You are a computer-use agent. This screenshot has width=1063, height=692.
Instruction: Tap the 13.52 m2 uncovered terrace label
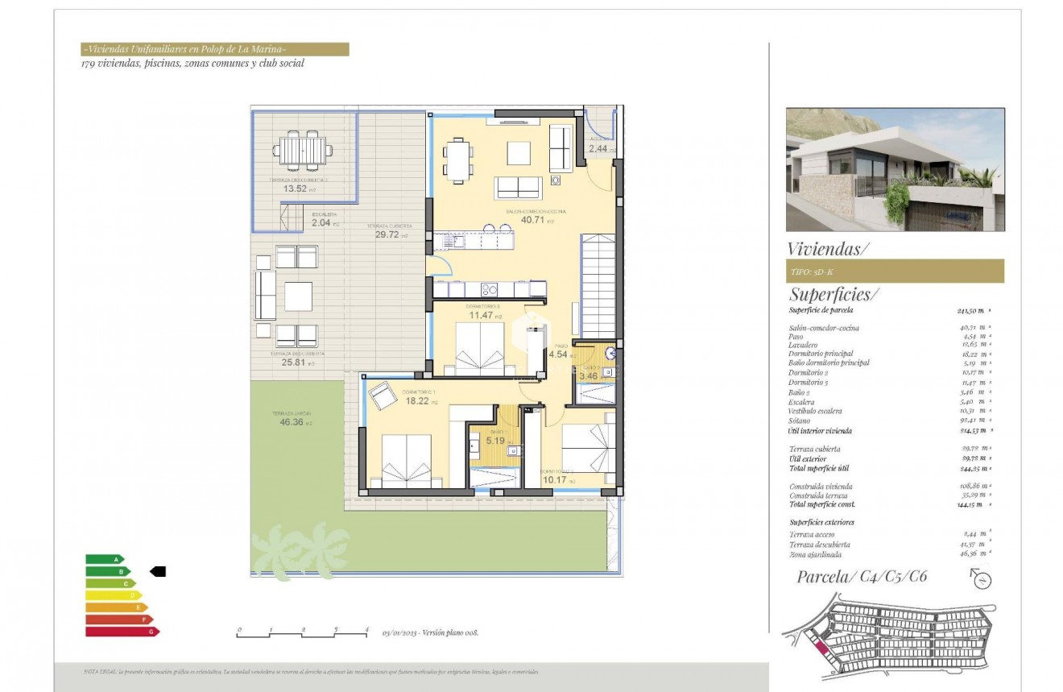[x=296, y=189]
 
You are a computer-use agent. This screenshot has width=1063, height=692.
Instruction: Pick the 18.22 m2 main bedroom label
[x=421, y=400]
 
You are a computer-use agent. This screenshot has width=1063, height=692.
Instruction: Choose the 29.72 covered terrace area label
[x=389, y=234]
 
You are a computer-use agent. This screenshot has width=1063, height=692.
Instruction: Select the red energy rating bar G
[x=122, y=632]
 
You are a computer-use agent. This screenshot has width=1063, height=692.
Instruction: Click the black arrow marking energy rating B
[x=158, y=571]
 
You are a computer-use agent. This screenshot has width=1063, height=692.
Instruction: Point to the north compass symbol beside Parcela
[x=981, y=578]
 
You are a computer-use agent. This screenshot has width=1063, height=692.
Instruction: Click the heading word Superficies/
[x=834, y=294]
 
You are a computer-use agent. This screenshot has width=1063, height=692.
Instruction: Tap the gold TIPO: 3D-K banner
[x=895, y=271]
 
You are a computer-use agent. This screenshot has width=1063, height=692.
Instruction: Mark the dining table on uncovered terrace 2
[x=303, y=151]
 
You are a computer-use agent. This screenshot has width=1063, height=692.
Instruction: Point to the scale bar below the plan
[x=303, y=632]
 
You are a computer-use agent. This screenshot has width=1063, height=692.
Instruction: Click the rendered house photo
[x=895, y=169]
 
